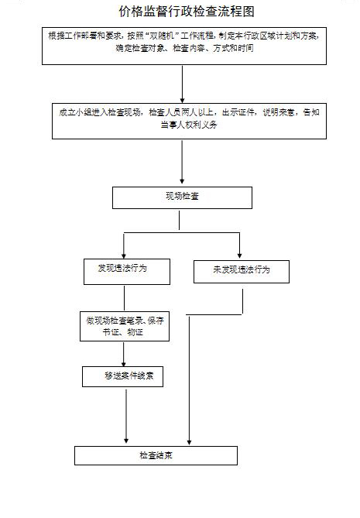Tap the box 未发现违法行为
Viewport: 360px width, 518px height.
[x=241, y=271]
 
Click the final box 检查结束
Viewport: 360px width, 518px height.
[x=156, y=455]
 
